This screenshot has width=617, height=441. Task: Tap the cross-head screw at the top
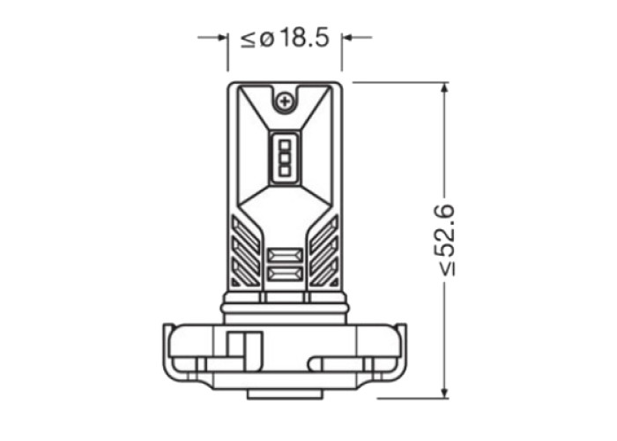click(x=285, y=102)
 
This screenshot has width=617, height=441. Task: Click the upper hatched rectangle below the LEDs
click(x=286, y=256)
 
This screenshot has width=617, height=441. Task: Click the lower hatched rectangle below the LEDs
click(x=286, y=274)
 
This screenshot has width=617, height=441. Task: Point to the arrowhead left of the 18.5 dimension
click(x=223, y=38)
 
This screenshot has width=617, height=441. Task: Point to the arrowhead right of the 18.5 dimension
click(x=347, y=38)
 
